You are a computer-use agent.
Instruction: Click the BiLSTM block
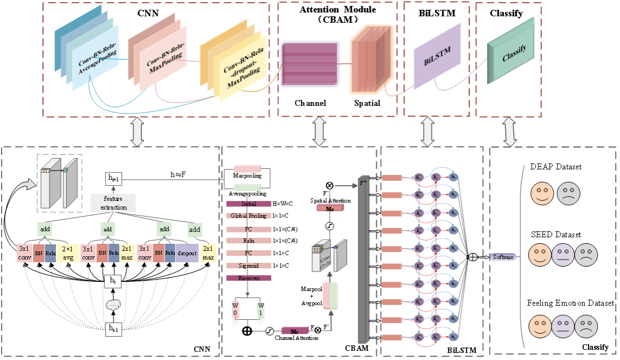coord(438,55)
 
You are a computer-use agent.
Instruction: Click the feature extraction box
coord(113,204)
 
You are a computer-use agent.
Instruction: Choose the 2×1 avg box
coord(67,253)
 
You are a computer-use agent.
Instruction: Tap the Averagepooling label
coord(247,193)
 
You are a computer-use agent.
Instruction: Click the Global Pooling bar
coord(248,216)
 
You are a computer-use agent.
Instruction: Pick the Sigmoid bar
coord(248,266)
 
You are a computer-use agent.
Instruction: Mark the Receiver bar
coord(248,278)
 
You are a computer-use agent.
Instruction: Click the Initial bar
coord(248,204)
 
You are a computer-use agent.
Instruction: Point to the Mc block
coord(295,330)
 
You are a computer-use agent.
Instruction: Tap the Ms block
coord(329,207)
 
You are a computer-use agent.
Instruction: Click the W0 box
coord(236,313)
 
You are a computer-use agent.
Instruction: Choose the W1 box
coord(261,313)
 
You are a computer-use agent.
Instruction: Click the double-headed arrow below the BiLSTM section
coord(428,133)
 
